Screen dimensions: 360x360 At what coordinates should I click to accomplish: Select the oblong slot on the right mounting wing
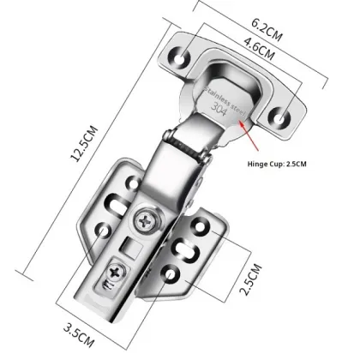pyautogui.click(x=188, y=249)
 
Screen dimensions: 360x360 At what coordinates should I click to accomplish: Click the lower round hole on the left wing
pyautogui.click(x=104, y=230)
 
